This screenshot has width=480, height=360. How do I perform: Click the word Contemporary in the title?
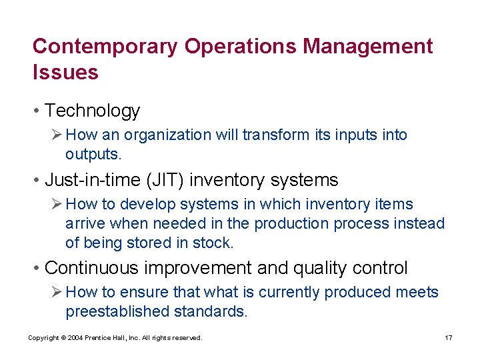(105, 47)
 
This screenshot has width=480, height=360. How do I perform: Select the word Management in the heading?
(367, 47)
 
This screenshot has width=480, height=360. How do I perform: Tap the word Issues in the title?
(65, 72)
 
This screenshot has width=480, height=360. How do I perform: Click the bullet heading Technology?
(92, 111)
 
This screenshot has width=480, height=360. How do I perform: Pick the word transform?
(275, 135)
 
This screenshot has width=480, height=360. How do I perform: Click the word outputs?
(92, 154)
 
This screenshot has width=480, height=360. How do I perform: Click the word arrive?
(85, 224)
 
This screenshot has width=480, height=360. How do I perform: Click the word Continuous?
(94, 268)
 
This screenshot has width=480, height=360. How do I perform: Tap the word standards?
(210, 312)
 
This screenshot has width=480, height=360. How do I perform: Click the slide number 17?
(448, 338)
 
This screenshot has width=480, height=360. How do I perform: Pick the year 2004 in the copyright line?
(75, 338)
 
